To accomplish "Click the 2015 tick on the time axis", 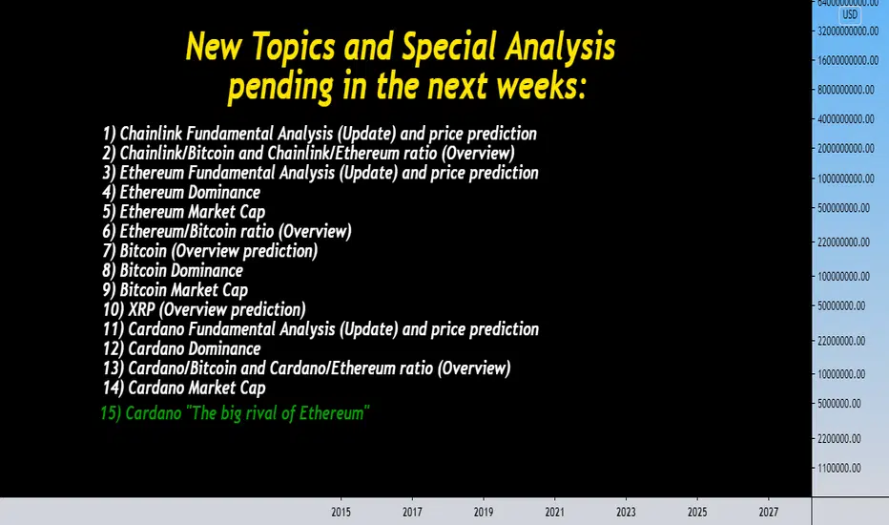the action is [x=341, y=512].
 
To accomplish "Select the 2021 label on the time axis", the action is [x=554, y=512].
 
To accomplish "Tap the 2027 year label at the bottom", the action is [x=768, y=512].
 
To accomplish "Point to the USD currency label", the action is [x=849, y=14].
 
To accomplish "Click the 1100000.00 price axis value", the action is [x=839, y=469].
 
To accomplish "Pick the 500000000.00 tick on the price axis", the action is [x=843, y=208].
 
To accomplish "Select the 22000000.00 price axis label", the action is [x=841, y=341].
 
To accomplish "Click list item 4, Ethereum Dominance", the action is [x=181, y=193].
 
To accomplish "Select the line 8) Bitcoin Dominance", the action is [x=173, y=271].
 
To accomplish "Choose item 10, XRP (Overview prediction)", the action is [x=204, y=310].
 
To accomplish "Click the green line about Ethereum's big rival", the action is [x=236, y=413].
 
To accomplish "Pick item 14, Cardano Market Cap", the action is [x=184, y=388].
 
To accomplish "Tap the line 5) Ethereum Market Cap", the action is [x=184, y=212].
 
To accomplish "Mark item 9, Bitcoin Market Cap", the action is [x=176, y=290].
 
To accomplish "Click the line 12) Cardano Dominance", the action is [x=181, y=349].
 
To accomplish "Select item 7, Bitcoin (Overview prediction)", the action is [x=211, y=251].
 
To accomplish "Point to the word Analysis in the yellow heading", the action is [x=560, y=47].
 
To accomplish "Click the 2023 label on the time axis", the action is [x=626, y=512].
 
